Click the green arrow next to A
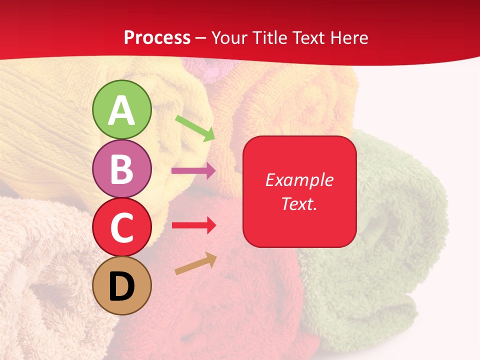pyautogui.click(x=195, y=128)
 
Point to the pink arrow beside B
pyautogui.click(x=193, y=171)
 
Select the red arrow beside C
pyautogui.click(x=193, y=225)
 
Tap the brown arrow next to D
pyautogui.click(x=195, y=264)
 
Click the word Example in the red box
pyautogui.click(x=299, y=180)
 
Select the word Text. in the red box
pyautogui.click(x=299, y=204)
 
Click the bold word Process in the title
pyautogui.click(x=157, y=37)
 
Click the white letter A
pyautogui.click(x=122, y=110)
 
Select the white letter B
pyautogui.click(x=122, y=169)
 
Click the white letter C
pyautogui.click(x=122, y=228)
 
